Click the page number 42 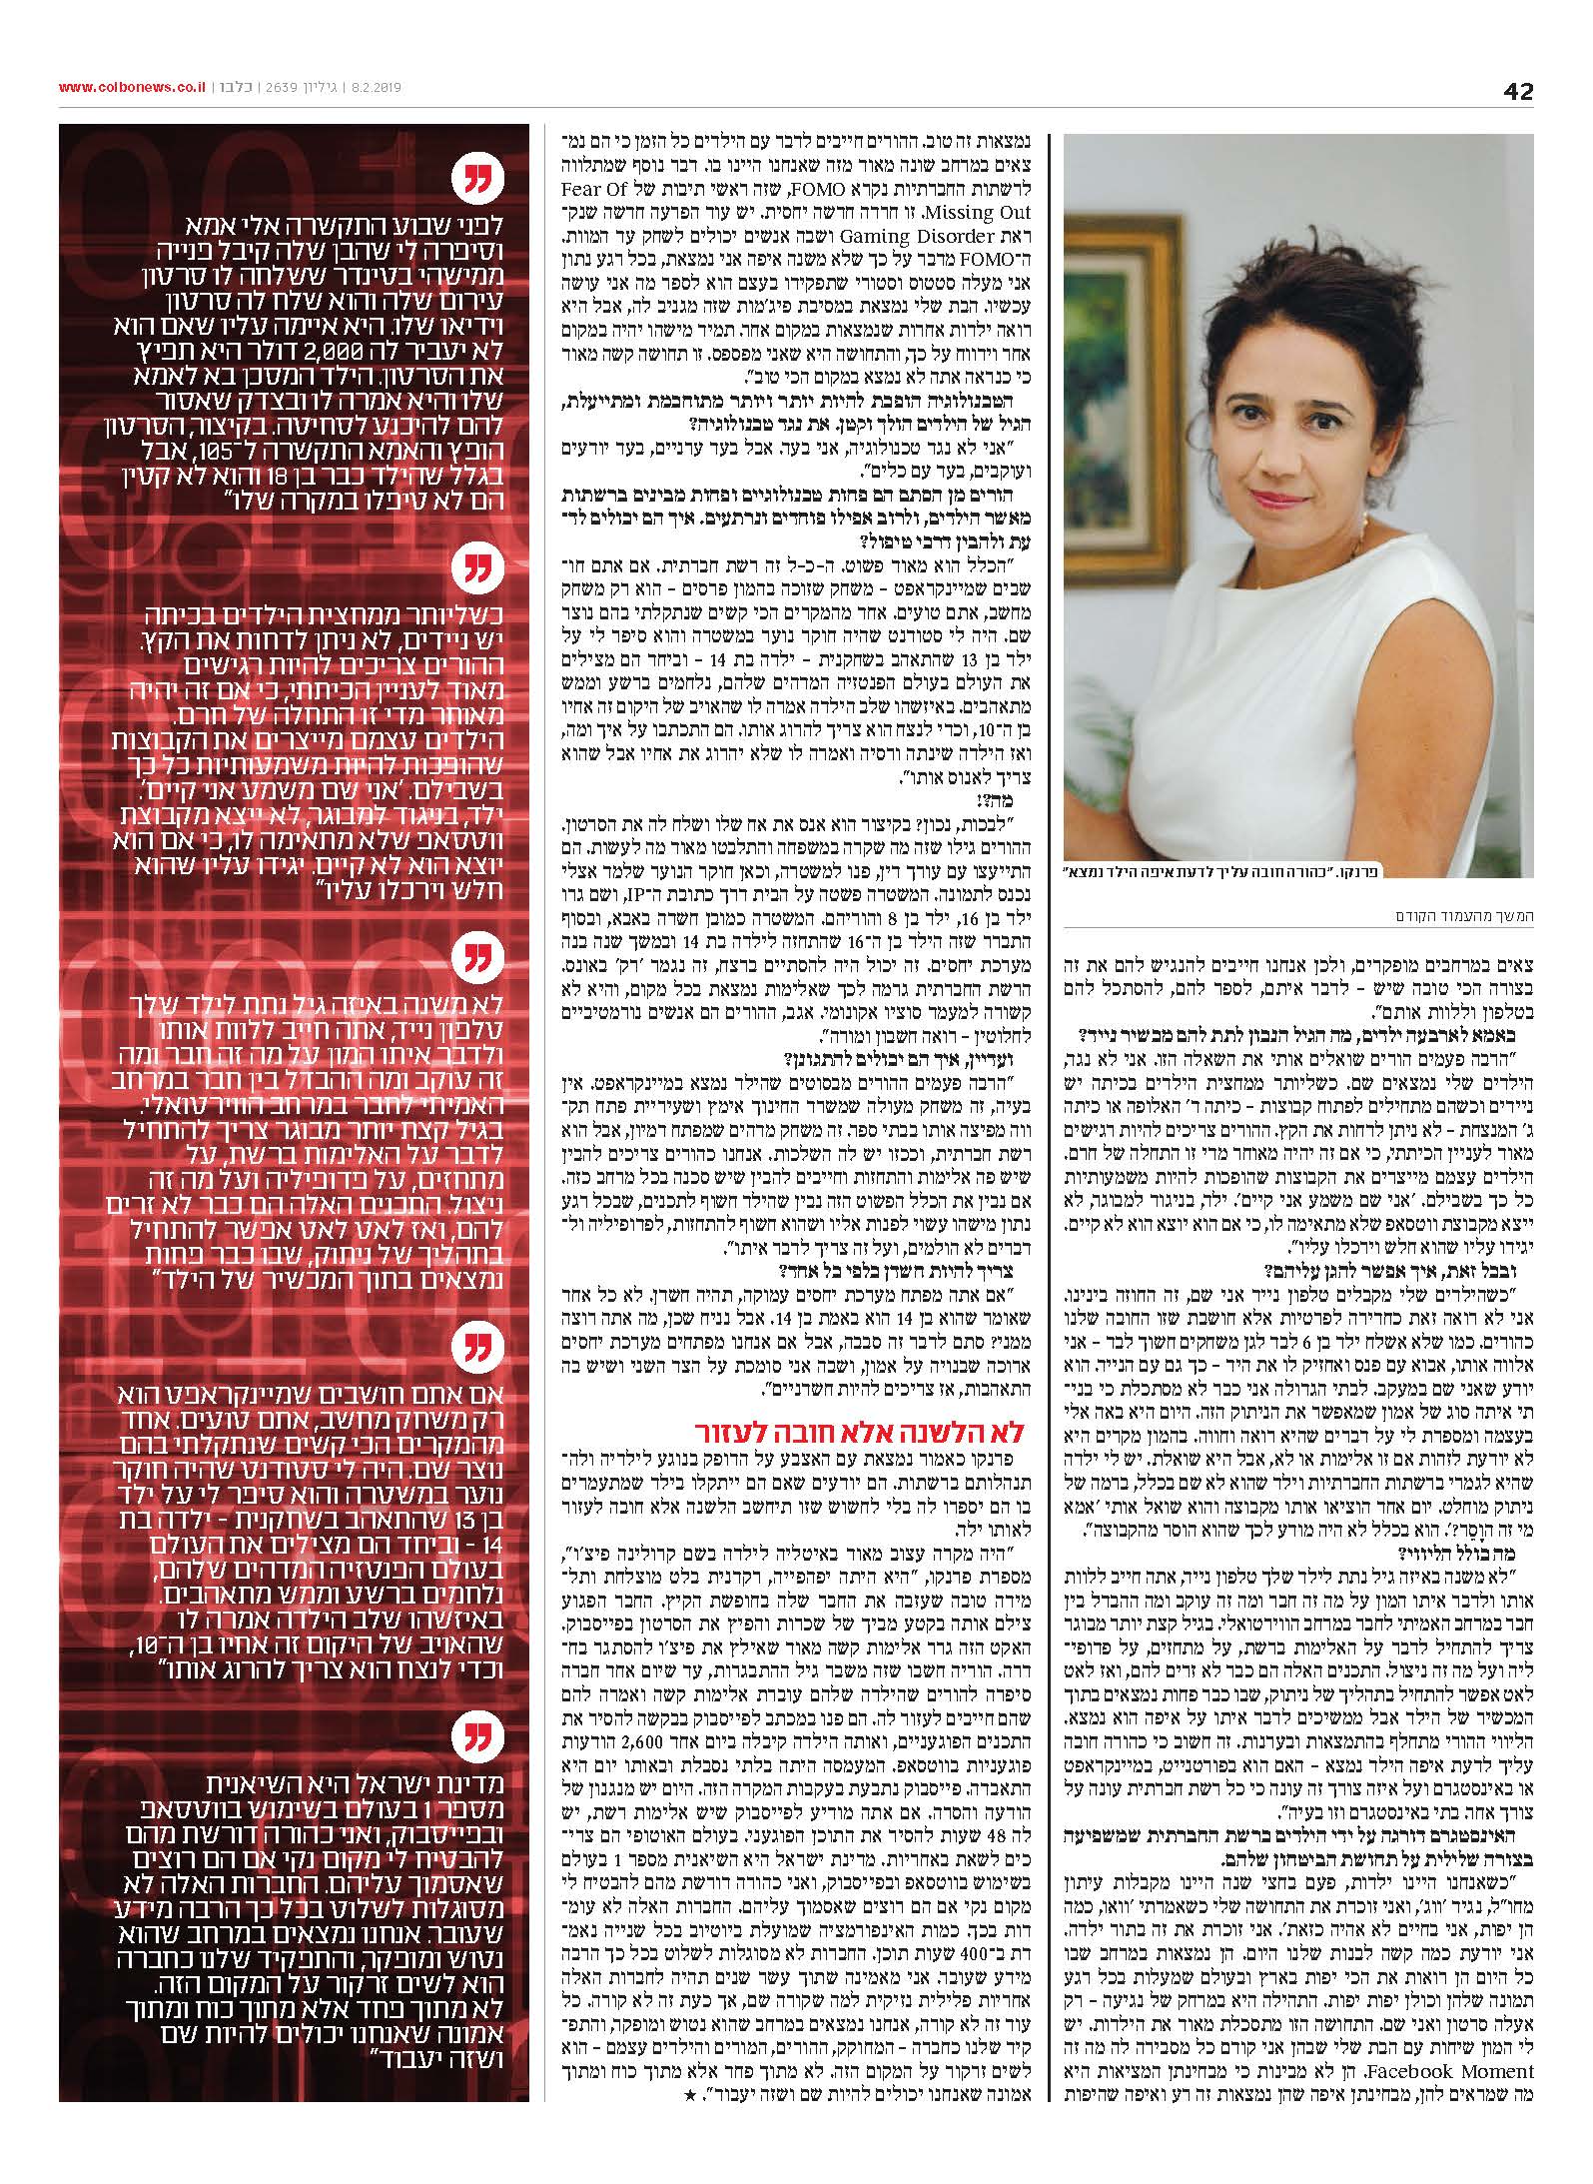coord(1517,90)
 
